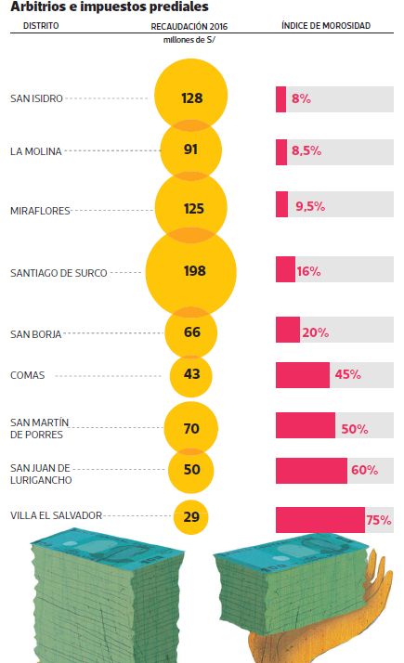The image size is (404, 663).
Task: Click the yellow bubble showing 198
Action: click(190, 272)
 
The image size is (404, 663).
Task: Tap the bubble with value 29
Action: click(190, 516)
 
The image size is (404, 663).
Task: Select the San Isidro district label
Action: click(36, 98)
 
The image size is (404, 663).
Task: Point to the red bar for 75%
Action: click(320, 520)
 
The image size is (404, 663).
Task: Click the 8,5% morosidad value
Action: click(306, 150)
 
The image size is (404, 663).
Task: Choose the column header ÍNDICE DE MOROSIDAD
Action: click(326, 25)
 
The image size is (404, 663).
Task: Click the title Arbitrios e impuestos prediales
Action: click(110, 6)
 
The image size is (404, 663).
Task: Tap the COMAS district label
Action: click(28, 375)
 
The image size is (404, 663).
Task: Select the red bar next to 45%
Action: click(303, 375)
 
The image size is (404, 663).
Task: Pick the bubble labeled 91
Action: click(190, 149)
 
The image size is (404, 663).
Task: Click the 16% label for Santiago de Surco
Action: click(308, 271)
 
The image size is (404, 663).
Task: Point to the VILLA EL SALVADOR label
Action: click(57, 515)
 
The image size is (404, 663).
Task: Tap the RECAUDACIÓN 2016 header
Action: click(189, 26)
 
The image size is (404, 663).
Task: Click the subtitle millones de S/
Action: click(189, 40)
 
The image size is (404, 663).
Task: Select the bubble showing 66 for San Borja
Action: click(190, 332)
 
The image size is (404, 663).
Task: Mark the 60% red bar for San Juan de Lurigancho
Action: click(311, 471)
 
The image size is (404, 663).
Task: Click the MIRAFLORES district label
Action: click(40, 211)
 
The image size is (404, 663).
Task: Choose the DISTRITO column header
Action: click(41, 26)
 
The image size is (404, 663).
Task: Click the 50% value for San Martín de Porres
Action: click(355, 429)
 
